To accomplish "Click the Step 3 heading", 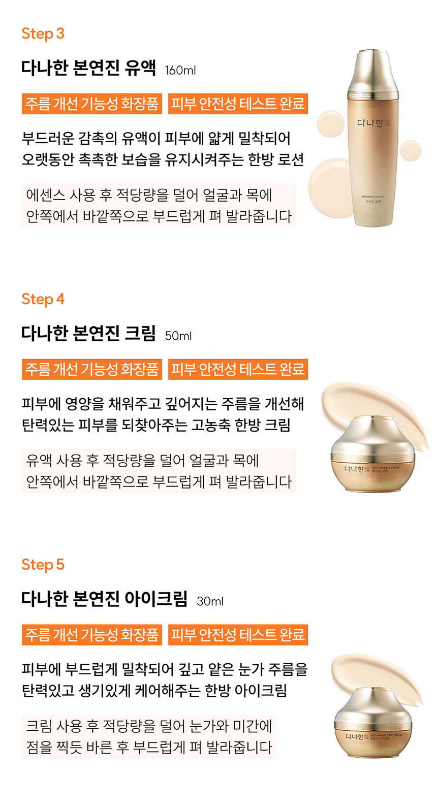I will pos(43,34).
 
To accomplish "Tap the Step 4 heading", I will pos(43,299).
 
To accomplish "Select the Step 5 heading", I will pos(43,565).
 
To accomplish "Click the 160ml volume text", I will pos(180,71).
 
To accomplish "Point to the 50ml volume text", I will pos(178,336).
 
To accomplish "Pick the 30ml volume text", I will pos(210,601).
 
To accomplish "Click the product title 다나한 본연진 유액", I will pos(88,68).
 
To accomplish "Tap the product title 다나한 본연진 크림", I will pos(88,333).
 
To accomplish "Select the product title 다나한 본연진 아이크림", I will pos(104,599).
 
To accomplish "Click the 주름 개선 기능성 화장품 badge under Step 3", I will pos(92,104).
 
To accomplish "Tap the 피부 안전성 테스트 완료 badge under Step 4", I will pos(238,369).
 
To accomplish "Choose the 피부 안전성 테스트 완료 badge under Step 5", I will pos(238,635).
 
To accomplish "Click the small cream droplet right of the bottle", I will pos(410,150).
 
